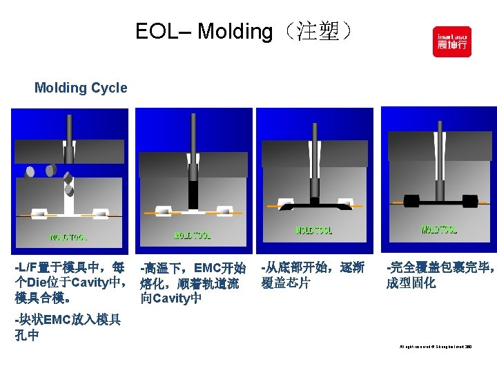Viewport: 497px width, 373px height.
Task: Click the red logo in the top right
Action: tap(451, 41)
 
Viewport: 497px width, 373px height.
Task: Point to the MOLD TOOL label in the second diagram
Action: tap(192, 236)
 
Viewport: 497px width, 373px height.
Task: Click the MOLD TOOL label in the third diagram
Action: tap(313, 230)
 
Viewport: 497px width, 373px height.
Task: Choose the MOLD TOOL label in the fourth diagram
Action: tap(439, 229)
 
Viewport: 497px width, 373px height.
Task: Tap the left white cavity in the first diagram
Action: tap(39, 213)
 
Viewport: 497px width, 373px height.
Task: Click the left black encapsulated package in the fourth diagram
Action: tap(411, 201)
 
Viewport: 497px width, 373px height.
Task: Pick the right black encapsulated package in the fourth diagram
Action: tap(469, 201)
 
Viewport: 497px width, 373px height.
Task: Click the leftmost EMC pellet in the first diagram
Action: tap(30, 171)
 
